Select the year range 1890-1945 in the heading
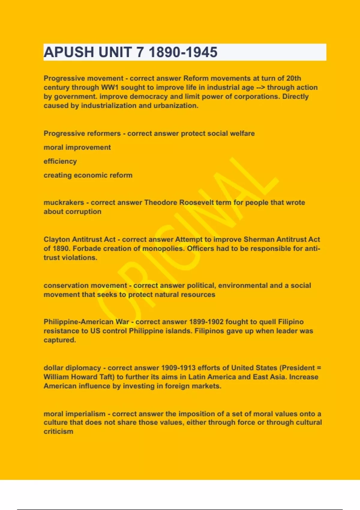[x=183, y=52]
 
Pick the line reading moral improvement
[x=77, y=147]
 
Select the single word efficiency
[x=60, y=161]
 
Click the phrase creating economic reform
[x=88, y=175]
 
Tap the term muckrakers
[x=64, y=202]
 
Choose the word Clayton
[x=57, y=239]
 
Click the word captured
[x=60, y=340]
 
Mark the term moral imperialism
[x=74, y=414]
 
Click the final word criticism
[x=58, y=431]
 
